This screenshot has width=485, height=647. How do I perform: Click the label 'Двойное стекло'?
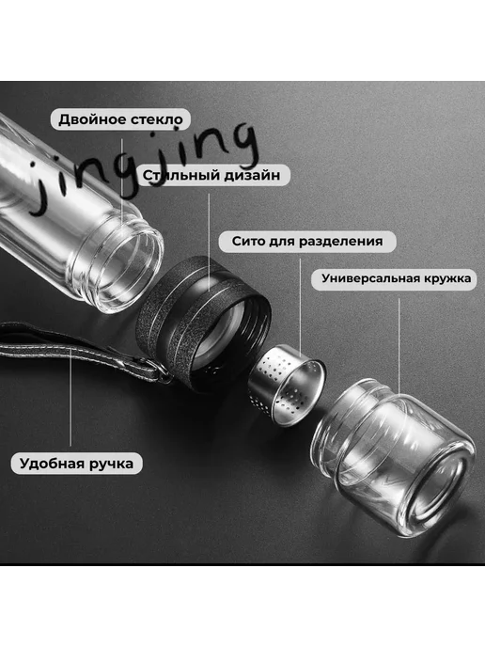coord(120,119)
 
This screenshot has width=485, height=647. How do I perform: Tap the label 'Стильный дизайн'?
coord(211,175)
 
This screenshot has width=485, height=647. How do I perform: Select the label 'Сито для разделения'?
coord(307,241)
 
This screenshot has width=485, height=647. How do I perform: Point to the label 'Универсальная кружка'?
coord(397,278)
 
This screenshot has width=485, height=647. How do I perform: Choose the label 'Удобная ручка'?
coord(77,463)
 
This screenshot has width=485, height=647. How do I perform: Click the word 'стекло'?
coord(157,119)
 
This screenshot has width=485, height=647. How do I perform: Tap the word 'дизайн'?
coord(252,175)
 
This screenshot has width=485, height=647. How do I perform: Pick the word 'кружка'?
coord(447,279)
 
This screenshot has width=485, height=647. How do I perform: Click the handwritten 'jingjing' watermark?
coord(144,170)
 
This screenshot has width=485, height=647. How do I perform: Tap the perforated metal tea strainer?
coord(287,387)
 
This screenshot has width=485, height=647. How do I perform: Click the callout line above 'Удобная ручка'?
coord(70,397)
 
